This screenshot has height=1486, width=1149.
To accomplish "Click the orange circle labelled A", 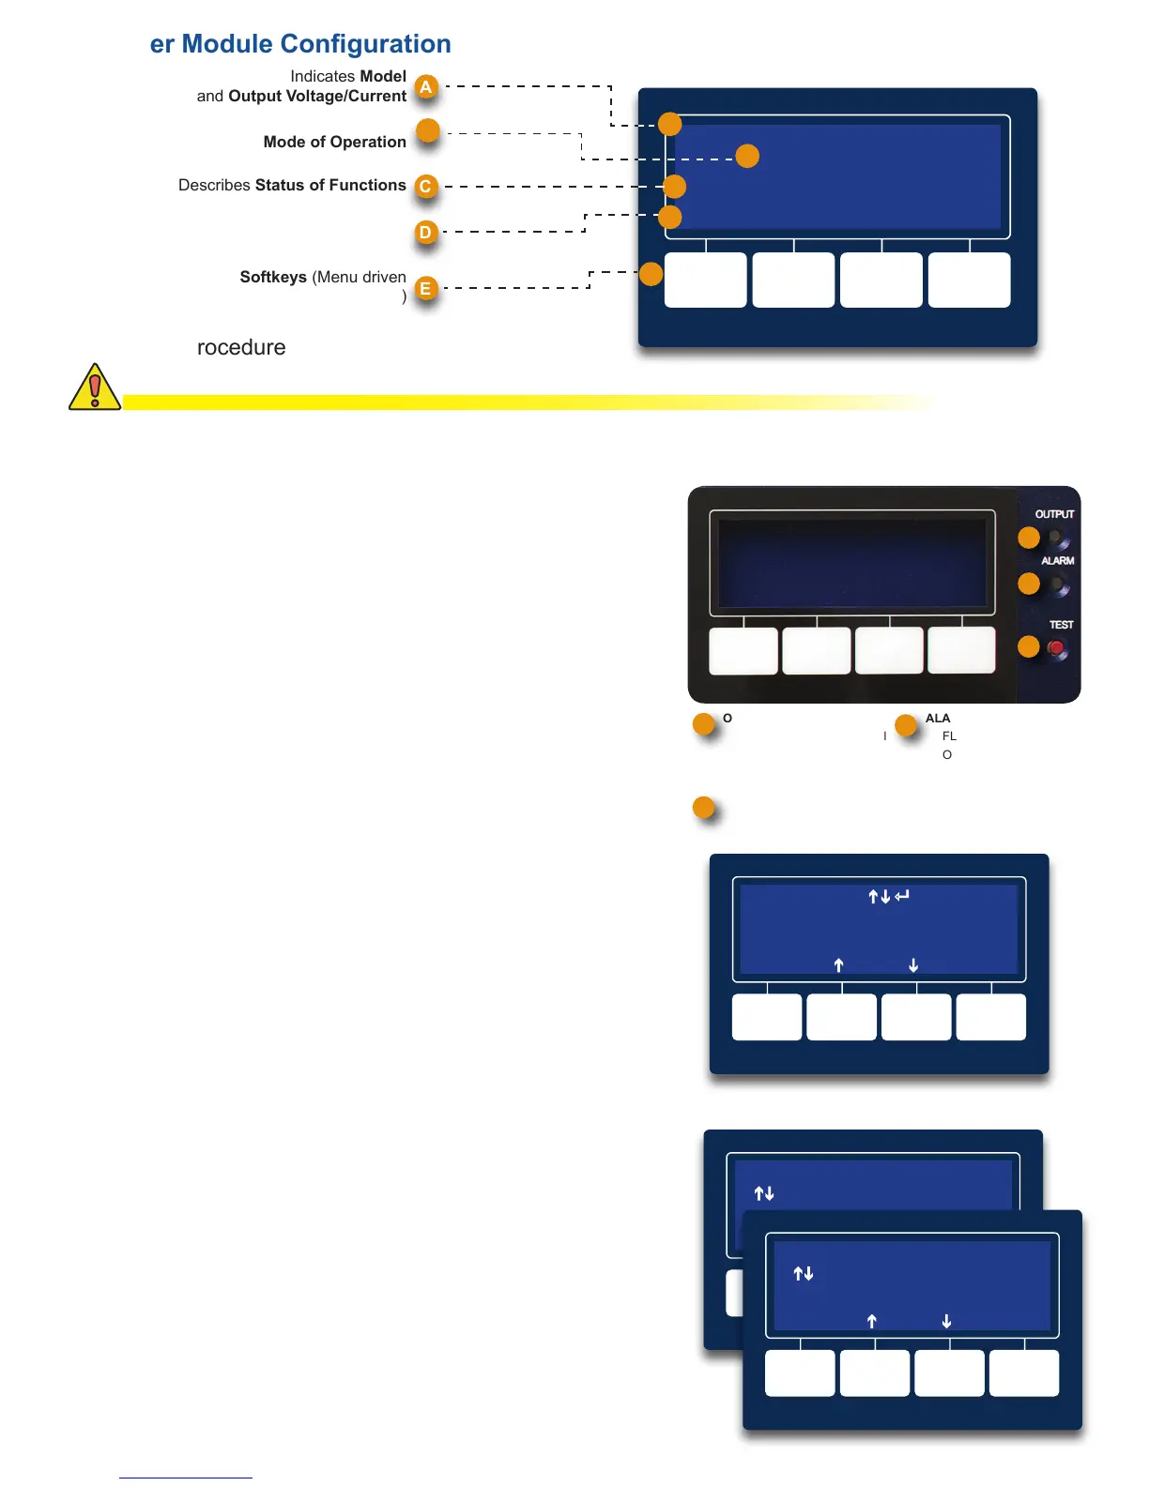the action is [x=426, y=87].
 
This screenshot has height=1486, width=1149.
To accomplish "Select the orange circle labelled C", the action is [x=426, y=186].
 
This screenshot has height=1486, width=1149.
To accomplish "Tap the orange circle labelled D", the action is [x=426, y=232].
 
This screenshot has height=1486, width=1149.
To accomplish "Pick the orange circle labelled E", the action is [x=426, y=288].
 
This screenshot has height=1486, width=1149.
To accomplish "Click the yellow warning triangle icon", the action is [x=94, y=387].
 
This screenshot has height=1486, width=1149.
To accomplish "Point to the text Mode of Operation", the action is [x=334, y=142].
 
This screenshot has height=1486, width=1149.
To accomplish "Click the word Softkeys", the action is [x=273, y=277].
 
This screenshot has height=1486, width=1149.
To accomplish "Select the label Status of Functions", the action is [x=330, y=185].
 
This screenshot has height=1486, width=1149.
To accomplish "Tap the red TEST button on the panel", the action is [x=1056, y=647].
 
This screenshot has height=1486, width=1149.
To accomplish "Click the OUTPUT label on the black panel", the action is [x=1054, y=514].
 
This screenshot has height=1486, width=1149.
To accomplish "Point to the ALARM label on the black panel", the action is [x=1057, y=561].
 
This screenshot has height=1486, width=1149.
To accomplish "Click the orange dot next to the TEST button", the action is [x=1029, y=646].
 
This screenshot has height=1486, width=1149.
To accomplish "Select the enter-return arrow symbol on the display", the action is [x=902, y=896].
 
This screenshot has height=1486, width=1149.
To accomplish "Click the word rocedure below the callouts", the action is [x=241, y=347].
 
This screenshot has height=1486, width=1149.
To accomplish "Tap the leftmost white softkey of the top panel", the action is [x=705, y=280].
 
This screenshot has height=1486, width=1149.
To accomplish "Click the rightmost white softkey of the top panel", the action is [x=969, y=280].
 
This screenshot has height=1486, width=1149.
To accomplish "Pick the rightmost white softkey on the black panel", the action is [x=961, y=650].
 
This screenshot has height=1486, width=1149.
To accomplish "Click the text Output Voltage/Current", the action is [x=317, y=96].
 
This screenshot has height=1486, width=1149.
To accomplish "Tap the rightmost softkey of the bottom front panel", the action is [x=1024, y=1373].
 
